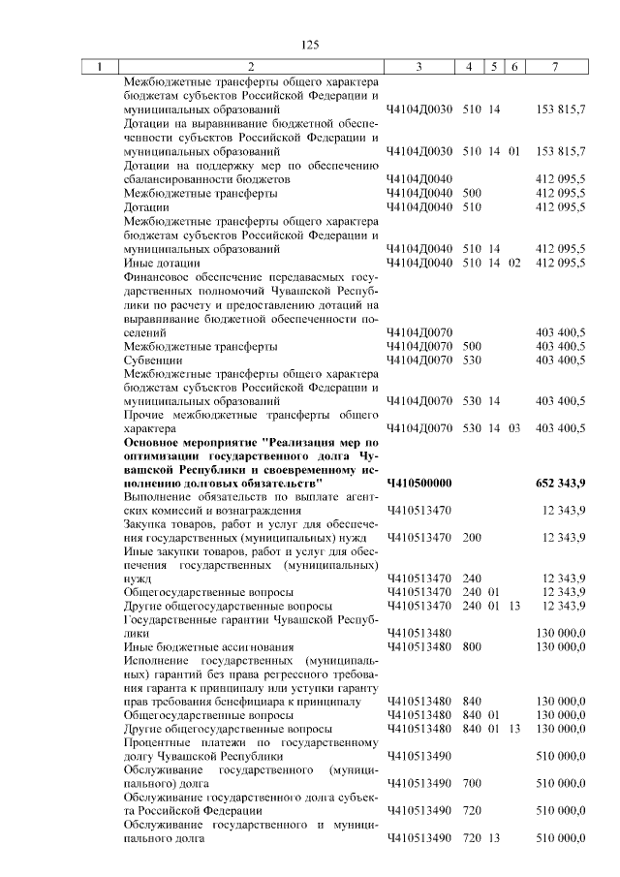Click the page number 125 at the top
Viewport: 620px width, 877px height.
click(310, 45)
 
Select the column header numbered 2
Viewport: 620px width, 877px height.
click(250, 67)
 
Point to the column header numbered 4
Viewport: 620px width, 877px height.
click(469, 67)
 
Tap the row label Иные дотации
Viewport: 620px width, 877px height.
click(162, 263)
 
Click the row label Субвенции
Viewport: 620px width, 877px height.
click(148, 360)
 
